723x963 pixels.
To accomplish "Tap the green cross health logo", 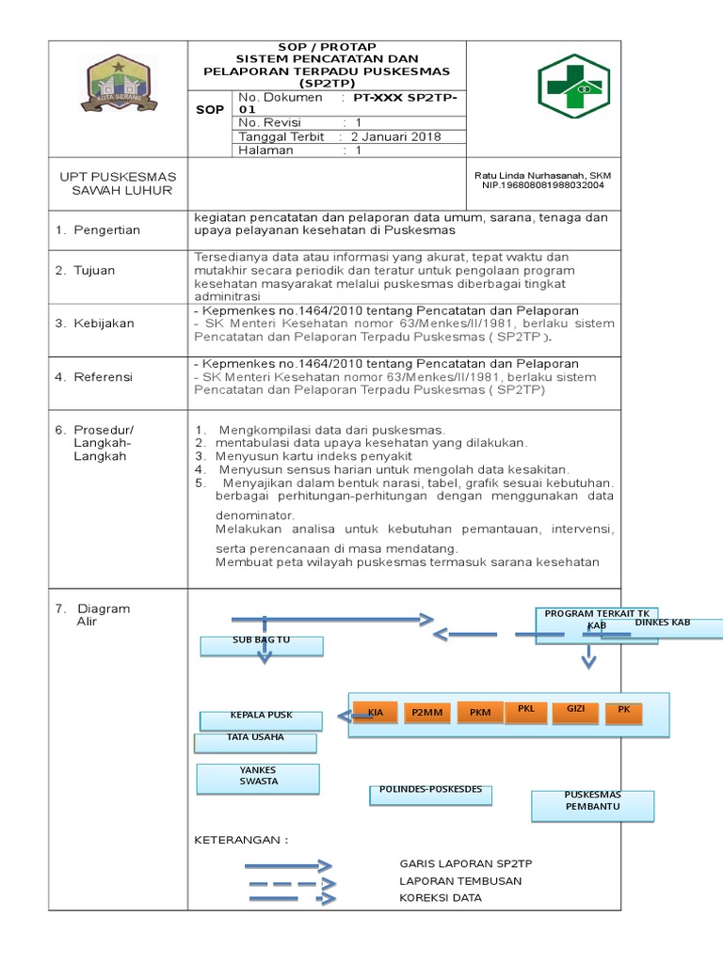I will pyautogui.click(x=573, y=87).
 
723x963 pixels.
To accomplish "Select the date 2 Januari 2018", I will pyautogui.click(x=396, y=136).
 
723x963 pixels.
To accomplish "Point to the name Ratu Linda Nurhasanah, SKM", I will pyautogui.click(x=540, y=175).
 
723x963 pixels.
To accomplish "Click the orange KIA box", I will pyautogui.click(x=376, y=713).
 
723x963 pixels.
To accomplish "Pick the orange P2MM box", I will pyautogui.click(x=426, y=713).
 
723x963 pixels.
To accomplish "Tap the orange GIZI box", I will pyautogui.click(x=575, y=711).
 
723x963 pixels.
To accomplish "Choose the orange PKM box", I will pyautogui.click(x=479, y=713).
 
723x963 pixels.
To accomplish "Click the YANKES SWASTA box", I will pyautogui.click(x=258, y=777).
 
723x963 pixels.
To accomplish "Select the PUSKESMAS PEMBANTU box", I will pyautogui.click(x=592, y=803).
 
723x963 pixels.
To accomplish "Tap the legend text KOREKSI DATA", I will pyautogui.click(x=440, y=898).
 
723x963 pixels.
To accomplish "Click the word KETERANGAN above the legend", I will pyautogui.click(x=240, y=839).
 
